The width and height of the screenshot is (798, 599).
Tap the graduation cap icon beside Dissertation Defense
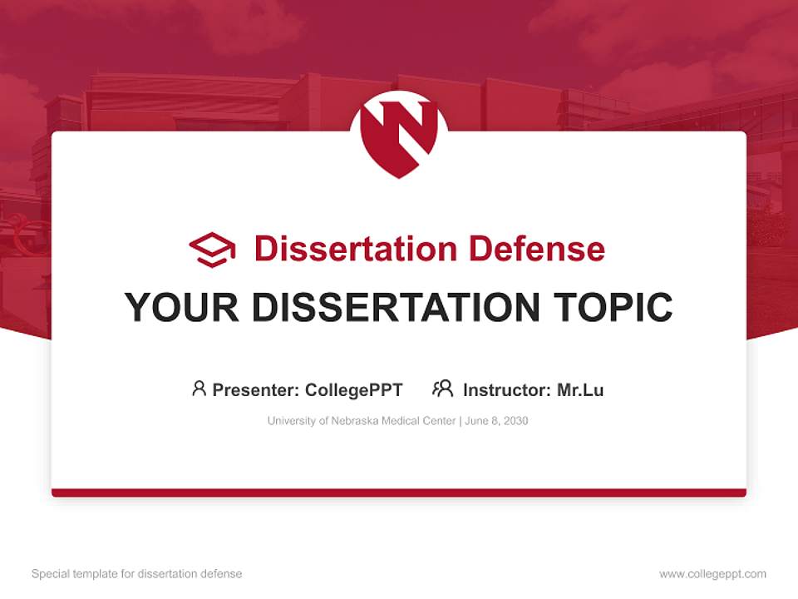click(x=212, y=249)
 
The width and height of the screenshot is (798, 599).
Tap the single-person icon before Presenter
click(x=199, y=389)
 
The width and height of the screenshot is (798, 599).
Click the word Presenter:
click(x=255, y=389)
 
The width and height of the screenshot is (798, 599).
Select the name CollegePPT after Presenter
click(x=354, y=389)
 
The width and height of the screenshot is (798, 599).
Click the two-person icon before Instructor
click(x=443, y=389)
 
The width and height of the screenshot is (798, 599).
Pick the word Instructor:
click(x=506, y=389)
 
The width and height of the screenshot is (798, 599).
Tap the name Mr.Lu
click(x=580, y=389)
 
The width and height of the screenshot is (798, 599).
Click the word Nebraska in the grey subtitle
click(x=355, y=421)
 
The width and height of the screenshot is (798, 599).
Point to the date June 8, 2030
click(x=496, y=421)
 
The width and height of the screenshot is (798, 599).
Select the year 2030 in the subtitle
click(x=515, y=421)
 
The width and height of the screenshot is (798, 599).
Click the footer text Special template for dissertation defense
click(x=137, y=574)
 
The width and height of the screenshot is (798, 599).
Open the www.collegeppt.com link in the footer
click(x=712, y=574)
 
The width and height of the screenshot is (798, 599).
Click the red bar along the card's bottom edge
click(x=399, y=493)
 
